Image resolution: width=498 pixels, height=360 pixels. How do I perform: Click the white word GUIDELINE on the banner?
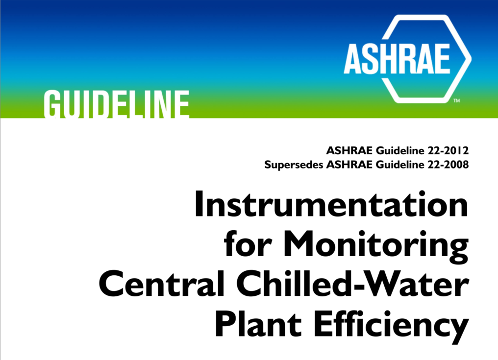117,104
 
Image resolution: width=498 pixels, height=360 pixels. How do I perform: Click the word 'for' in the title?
248,244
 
